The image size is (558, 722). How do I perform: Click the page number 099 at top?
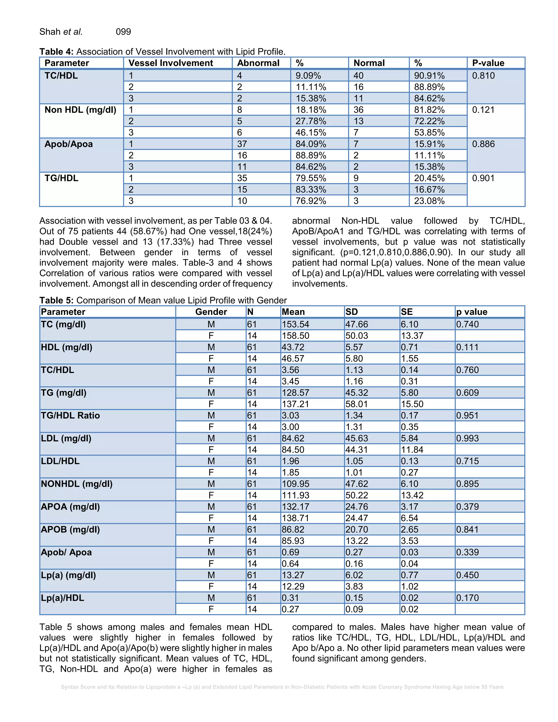click(123, 32)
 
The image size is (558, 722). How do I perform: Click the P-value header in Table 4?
click(488, 63)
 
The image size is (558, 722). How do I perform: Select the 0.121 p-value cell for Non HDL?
click(483, 110)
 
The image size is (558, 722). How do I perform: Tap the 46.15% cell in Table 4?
click(310, 133)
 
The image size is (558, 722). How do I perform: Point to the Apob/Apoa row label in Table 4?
click(68, 144)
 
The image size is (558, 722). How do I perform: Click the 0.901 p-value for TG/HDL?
click(483, 178)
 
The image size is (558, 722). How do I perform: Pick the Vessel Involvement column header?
click(171, 63)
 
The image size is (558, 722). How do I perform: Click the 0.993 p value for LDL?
click(467, 438)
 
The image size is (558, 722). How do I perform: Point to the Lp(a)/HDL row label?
click(62, 598)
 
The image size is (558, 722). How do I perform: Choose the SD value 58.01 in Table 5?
click(356, 404)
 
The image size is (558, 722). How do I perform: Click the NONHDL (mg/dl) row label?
click(76, 484)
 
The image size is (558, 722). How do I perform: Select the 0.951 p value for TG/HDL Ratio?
click(467, 415)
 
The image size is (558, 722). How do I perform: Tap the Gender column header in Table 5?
click(211, 312)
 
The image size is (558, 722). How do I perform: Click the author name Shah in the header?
click(50, 32)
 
